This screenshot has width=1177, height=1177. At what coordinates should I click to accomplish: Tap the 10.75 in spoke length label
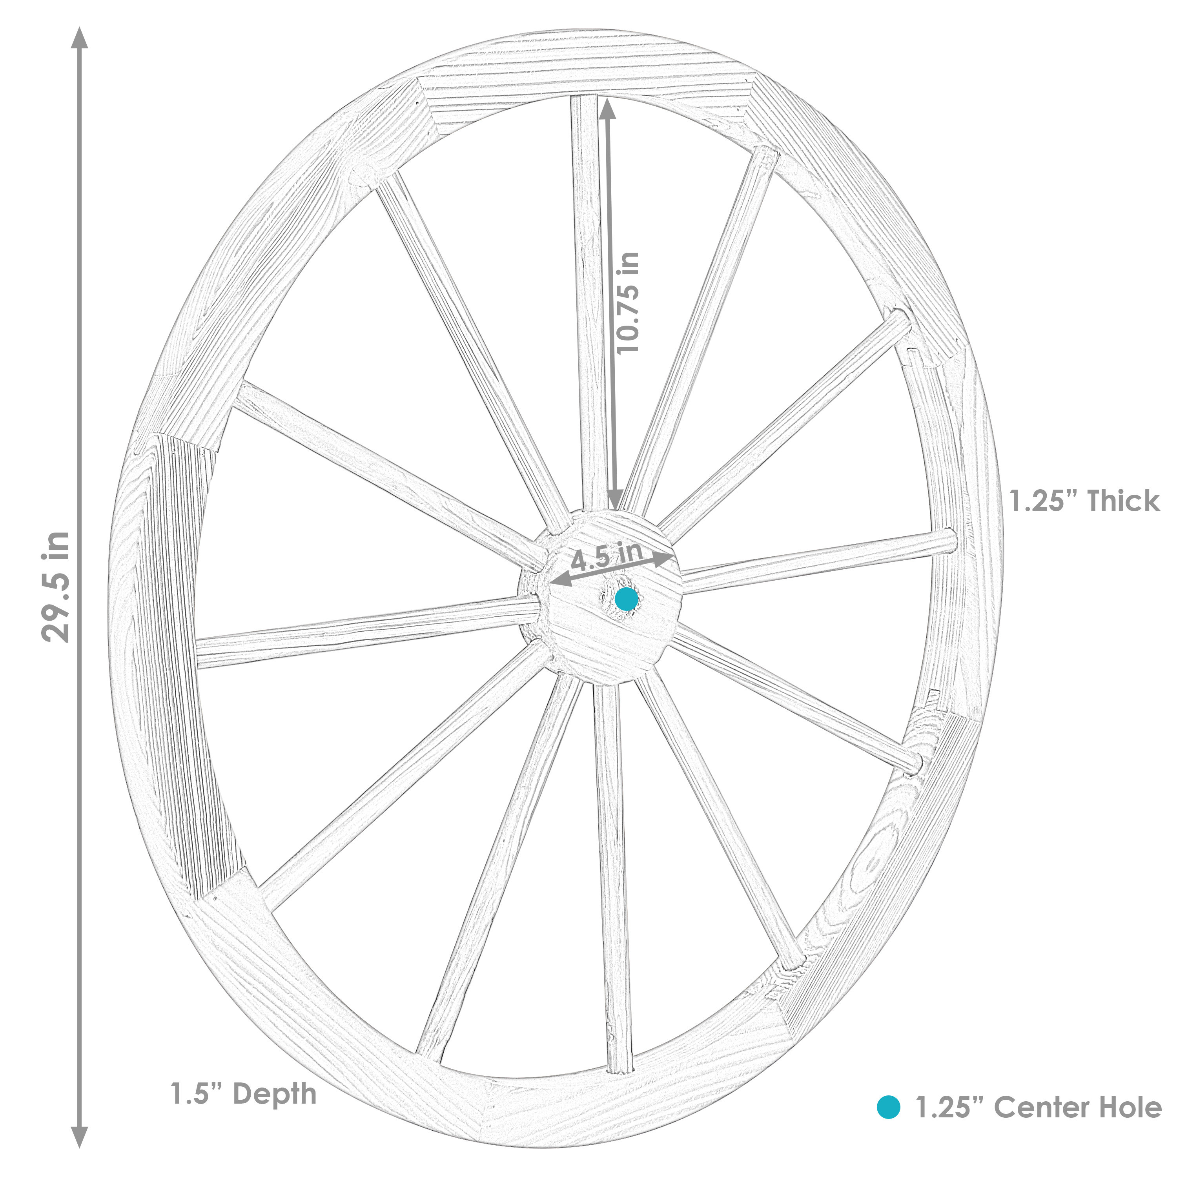pyautogui.click(x=627, y=303)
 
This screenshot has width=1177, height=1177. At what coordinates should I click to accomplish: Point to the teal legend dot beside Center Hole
pyautogui.click(x=888, y=1107)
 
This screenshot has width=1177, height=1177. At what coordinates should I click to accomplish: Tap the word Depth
pyautogui.click(x=275, y=1094)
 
